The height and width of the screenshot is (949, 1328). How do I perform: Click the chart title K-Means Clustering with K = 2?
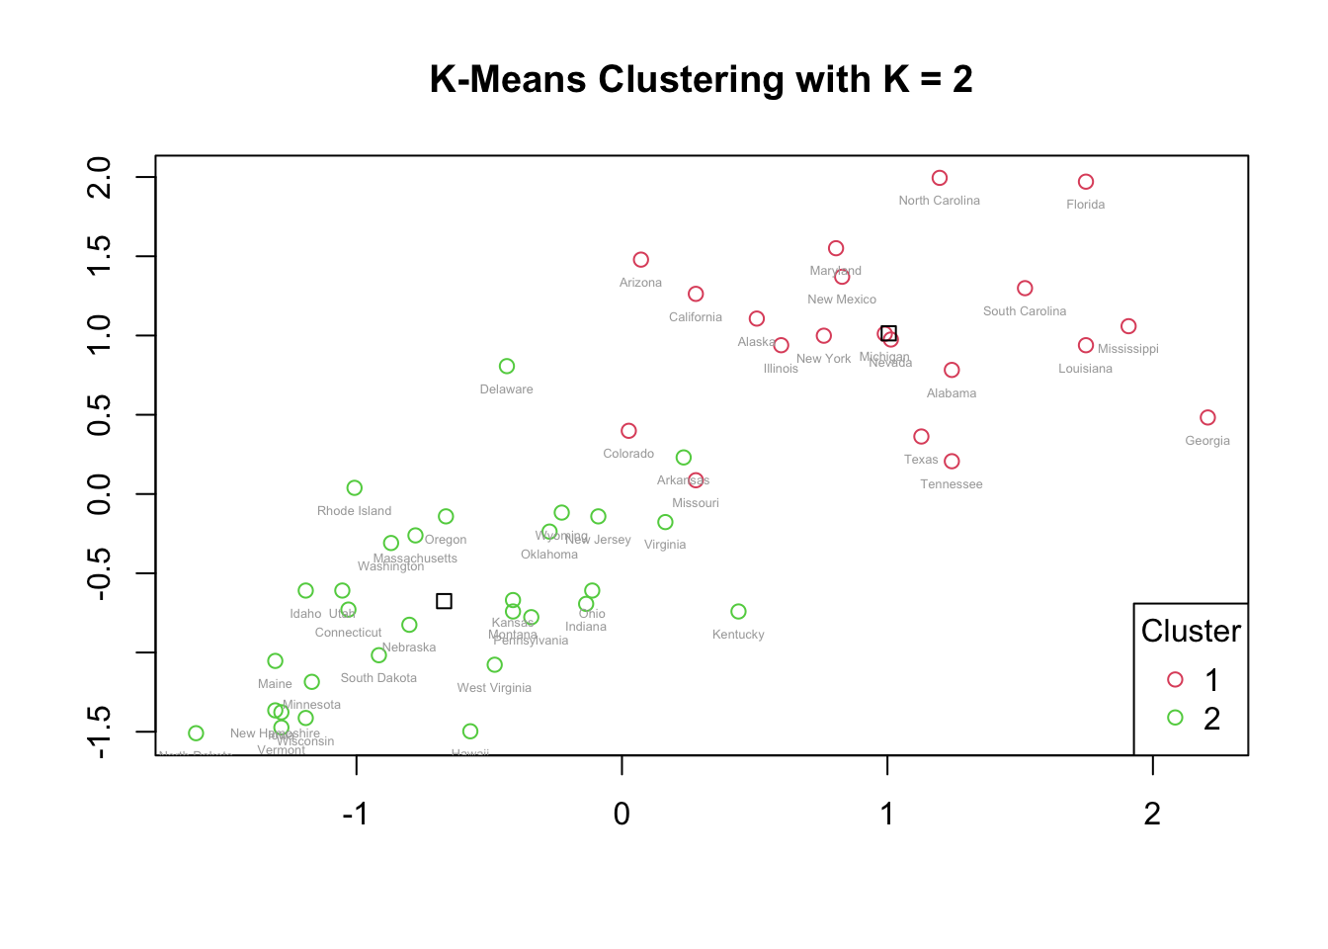pos(701,79)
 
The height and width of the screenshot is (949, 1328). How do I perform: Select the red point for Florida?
pos(1086,182)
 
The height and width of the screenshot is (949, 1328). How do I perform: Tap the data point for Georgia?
pos(1207,418)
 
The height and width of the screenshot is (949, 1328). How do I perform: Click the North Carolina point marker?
pos(940,178)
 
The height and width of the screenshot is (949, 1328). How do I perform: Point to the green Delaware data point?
pos(507,367)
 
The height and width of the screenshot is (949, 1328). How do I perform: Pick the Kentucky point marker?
pos(738,612)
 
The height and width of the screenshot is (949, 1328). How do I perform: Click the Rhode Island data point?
pos(355,488)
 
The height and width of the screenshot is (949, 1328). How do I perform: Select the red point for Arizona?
pos(640,260)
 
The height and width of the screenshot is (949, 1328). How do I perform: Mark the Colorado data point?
pos(628,431)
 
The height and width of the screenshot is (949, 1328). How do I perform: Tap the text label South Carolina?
pos(1025,311)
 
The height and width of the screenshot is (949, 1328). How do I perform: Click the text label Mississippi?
pos(1127,349)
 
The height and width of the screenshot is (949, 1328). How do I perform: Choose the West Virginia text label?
pos(494,688)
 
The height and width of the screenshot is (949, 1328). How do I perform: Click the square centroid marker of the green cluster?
pos(445,601)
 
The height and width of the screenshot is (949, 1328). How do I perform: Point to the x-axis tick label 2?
pos(1152,814)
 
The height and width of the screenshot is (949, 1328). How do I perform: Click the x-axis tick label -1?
pos(355,814)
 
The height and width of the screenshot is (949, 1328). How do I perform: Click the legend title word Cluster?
pos(1191,631)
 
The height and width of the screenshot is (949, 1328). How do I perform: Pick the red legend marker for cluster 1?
pos(1175,679)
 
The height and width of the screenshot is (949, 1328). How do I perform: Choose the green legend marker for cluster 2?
pos(1175,718)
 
